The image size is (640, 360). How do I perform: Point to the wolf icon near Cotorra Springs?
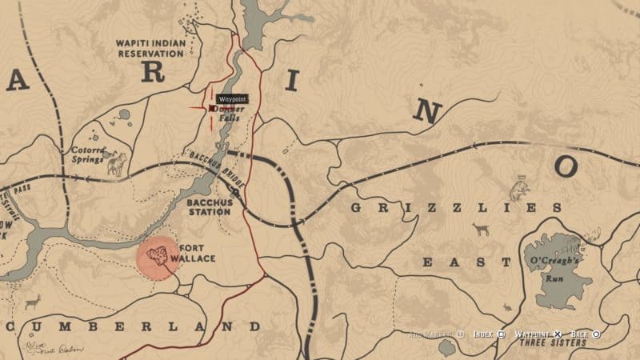[x=117, y=164]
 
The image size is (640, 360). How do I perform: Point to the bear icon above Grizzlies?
[x=519, y=190]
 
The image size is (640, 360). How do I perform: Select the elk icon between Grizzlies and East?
[x=480, y=230]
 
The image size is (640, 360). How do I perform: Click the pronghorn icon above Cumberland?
[x=33, y=302]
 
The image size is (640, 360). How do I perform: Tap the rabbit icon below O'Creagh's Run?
[x=506, y=306]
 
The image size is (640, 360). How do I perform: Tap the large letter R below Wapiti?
[x=153, y=73]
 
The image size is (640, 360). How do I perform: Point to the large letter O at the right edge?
[x=566, y=166]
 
